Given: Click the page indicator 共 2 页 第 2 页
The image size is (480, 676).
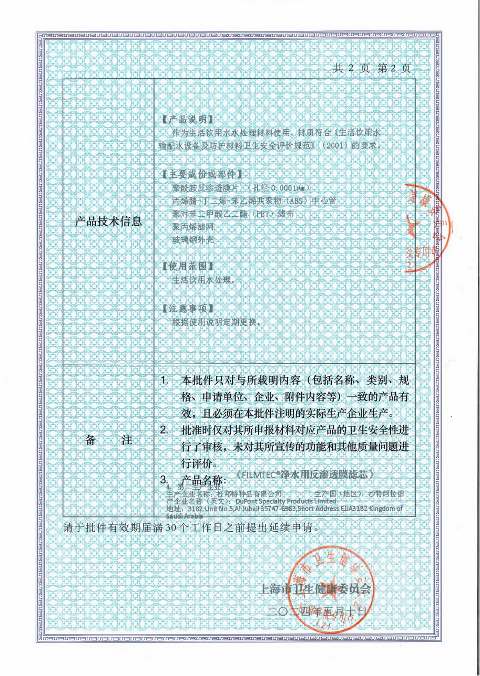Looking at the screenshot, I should click(371, 68).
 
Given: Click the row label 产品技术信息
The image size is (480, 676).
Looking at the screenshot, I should click(108, 221).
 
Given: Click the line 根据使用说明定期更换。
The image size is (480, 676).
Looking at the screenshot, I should click(217, 322).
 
